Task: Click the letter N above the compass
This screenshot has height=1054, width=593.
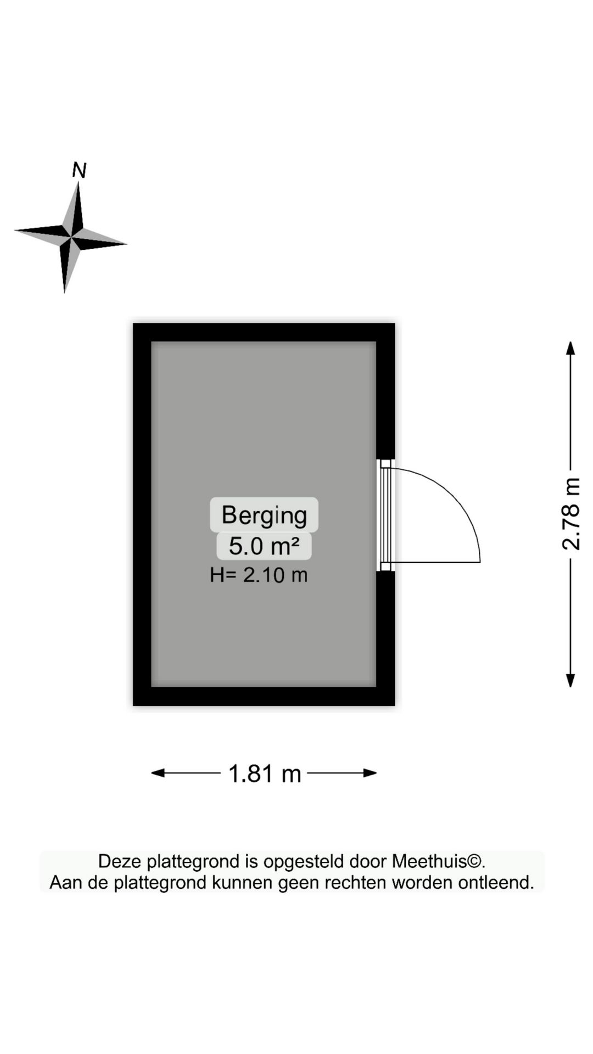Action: click(80, 170)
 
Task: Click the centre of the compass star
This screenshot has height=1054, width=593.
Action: click(71, 238)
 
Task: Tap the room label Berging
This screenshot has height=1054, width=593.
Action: click(264, 515)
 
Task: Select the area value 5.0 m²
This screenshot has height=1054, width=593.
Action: click(264, 546)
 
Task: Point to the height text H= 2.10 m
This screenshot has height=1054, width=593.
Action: click(259, 575)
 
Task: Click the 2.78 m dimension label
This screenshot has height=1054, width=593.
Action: click(571, 514)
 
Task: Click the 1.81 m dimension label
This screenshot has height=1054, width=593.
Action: click(265, 773)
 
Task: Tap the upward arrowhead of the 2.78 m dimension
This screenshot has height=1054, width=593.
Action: click(570, 348)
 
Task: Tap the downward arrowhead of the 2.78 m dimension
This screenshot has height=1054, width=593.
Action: click(570, 680)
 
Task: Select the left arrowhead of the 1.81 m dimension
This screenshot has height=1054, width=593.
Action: click(158, 773)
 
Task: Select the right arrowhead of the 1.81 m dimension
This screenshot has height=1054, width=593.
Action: click(370, 773)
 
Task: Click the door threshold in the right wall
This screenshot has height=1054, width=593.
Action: click(385, 515)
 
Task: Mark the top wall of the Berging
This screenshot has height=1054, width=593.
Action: click(264, 332)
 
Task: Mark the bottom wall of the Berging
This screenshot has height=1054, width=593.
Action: click(264, 696)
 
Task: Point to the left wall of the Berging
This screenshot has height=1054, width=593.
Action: click(142, 514)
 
